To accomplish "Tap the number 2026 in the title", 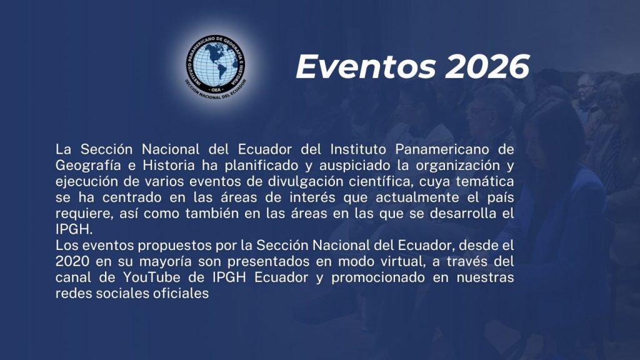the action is click(x=487, y=66).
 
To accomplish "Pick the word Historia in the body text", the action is click(x=169, y=165).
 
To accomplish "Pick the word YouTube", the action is click(x=151, y=277).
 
